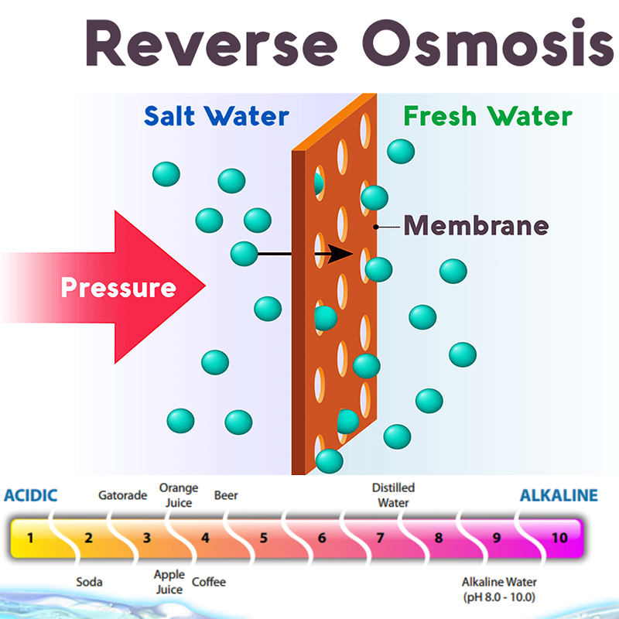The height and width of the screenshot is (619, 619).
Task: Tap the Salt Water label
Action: tap(217, 117)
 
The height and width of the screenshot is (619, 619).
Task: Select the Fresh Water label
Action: tap(487, 117)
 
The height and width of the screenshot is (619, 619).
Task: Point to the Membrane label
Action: tap(476, 226)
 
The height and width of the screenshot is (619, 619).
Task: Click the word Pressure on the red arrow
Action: tap(118, 288)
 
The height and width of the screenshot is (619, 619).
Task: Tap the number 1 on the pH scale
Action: tap(30, 537)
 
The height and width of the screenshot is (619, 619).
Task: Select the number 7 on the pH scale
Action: tap(380, 537)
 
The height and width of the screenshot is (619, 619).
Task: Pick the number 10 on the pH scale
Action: tap(559, 537)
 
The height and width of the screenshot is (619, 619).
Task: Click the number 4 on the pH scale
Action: tap(205, 537)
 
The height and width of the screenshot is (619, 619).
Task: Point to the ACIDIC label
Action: tap(31, 495)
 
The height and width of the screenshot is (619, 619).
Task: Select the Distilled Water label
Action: tap(393, 495)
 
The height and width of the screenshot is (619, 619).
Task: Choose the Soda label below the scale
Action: tap(89, 582)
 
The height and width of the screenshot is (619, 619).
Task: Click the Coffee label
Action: tap(209, 582)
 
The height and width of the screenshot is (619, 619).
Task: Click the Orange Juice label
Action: tap(178, 495)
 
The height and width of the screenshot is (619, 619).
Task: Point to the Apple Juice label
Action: tap(169, 582)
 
